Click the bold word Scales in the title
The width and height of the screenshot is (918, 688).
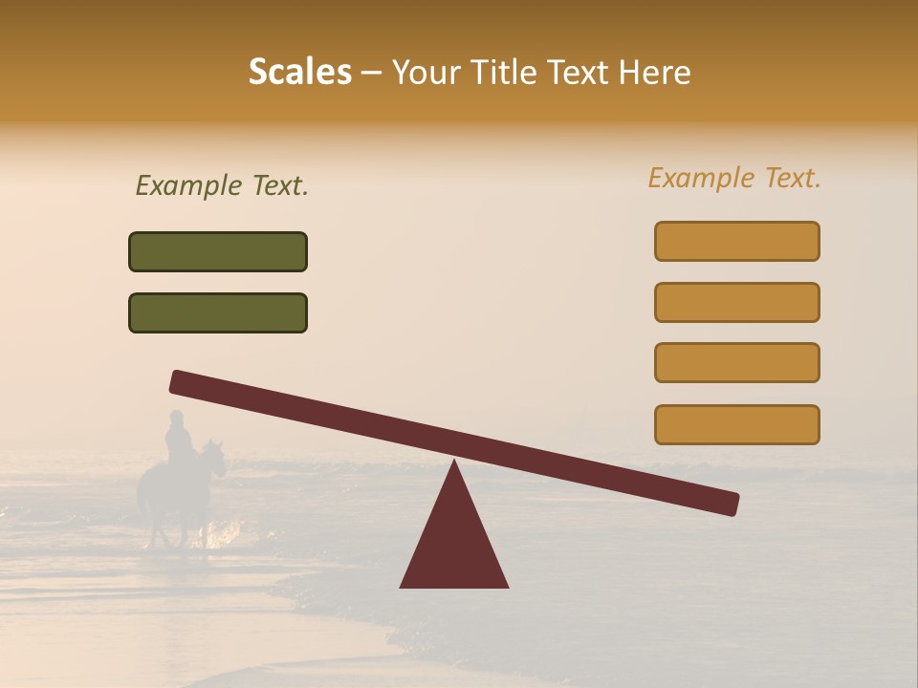(300, 73)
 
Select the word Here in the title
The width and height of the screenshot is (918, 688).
(655, 73)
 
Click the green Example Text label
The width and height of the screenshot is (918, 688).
(222, 185)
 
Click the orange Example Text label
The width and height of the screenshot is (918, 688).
(734, 178)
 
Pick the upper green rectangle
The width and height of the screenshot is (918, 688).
(218, 251)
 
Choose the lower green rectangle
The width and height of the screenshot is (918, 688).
(218, 312)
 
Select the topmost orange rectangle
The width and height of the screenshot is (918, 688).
(736, 241)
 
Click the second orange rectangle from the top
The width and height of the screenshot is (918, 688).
(736, 302)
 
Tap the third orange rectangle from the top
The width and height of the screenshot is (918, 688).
(736, 362)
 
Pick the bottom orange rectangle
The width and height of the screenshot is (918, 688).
(736, 424)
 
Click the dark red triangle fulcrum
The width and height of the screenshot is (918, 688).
(454, 545)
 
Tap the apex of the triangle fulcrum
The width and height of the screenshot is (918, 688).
(454, 464)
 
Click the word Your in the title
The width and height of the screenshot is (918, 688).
(423, 73)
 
